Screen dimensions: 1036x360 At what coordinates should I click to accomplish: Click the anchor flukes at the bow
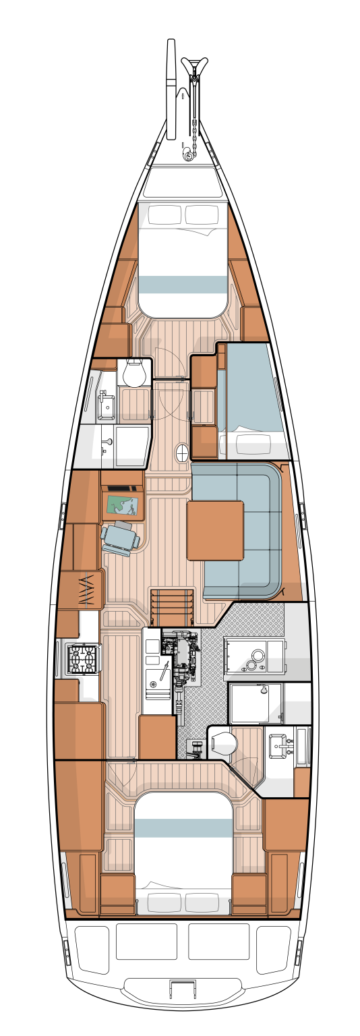coord(194,67)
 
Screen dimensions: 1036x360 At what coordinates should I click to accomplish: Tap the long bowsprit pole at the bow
coord(171,88)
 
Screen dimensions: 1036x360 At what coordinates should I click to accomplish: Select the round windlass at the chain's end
coord(188,156)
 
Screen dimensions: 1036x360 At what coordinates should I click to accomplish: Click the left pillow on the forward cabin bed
coord(165,215)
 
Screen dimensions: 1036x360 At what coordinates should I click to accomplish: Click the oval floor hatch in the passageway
coord(182,453)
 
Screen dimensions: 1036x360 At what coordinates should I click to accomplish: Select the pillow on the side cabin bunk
coord(247,445)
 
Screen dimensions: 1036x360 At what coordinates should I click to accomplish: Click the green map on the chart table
coord(123,505)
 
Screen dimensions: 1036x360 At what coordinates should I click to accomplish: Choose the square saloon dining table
coord(215,530)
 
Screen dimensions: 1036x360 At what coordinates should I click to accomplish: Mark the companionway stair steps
coord(172,607)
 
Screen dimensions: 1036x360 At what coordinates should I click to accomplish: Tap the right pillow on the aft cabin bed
coord(202,902)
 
